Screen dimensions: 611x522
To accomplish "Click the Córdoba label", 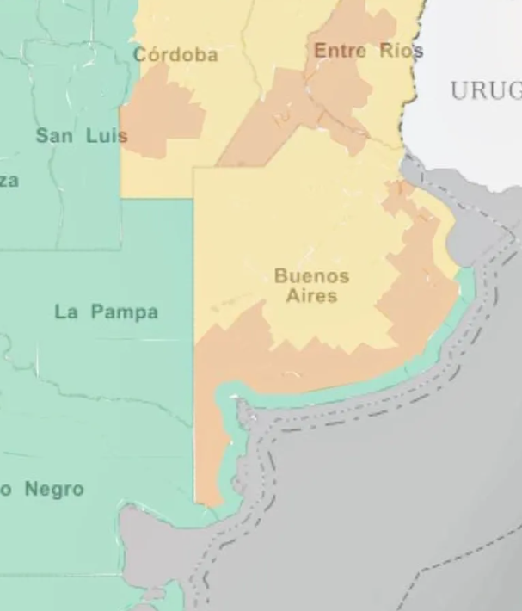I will tap(175, 55).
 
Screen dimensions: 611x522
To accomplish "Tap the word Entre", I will tap(340, 51).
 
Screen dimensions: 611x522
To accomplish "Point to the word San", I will tap(54, 135).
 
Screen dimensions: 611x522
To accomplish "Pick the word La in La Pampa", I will tap(67, 312).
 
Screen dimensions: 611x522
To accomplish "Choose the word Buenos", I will tap(311, 276).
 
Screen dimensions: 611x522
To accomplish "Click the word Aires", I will tap(311, 296).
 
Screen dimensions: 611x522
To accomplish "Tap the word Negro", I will tap(54, 490).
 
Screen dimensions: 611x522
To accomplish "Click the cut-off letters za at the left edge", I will tap(9, 181).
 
